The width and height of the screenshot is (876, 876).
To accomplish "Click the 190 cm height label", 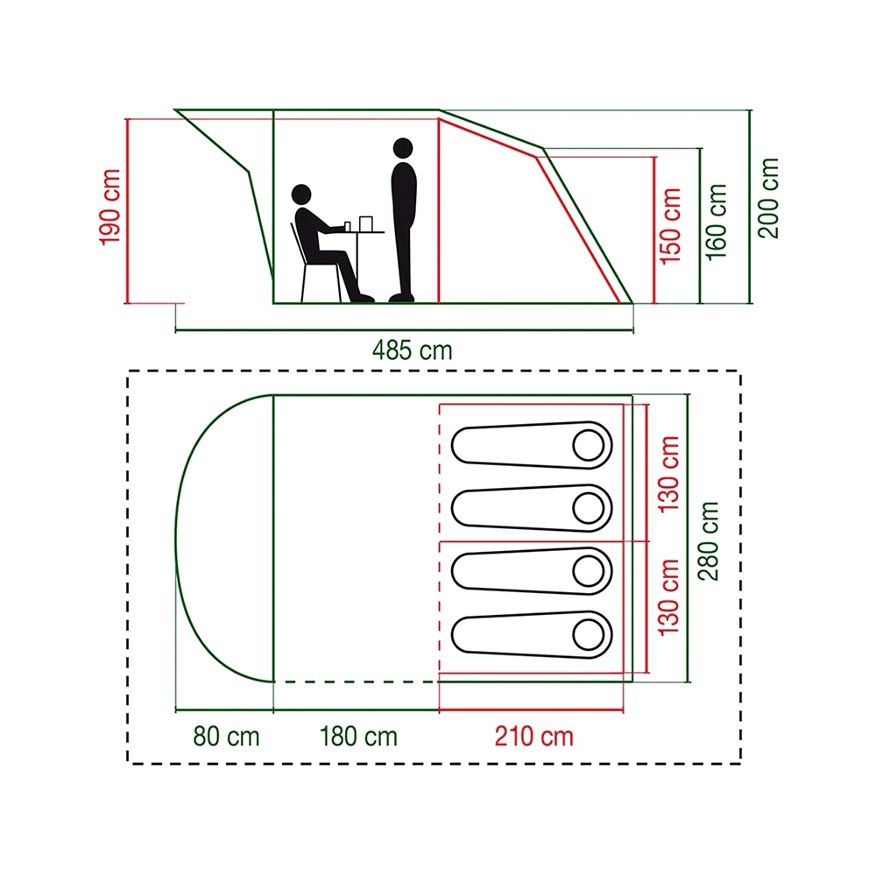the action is pos(110,207).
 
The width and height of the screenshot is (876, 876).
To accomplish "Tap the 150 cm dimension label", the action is pos(670,226).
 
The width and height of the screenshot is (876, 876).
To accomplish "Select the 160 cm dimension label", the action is pos(717,222).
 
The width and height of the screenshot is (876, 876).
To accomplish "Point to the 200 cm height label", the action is pos(768,198).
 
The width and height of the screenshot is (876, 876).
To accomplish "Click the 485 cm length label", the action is pos(413,351).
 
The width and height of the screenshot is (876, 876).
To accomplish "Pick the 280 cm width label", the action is pos(708,540).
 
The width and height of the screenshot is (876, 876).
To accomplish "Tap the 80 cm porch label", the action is pos(226,737).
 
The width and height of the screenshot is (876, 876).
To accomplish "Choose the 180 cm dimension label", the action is pos(358,737).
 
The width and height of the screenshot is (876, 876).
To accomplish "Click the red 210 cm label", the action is pos(534,737).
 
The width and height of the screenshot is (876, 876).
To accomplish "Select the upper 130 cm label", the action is pos(668,474).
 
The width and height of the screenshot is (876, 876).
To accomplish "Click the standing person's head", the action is pos(403,148).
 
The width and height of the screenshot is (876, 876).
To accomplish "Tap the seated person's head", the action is pos(301,194).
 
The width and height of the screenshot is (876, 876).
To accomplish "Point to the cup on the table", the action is pos(348,226).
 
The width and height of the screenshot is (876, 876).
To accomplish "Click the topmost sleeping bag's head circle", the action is pos(589,445).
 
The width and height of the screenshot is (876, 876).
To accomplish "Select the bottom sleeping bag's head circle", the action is pos(589,634).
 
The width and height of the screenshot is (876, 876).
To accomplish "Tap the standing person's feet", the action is pos(402,298).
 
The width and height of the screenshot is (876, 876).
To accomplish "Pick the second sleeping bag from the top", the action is pos(532,508).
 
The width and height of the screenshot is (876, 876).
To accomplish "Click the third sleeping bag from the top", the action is pos(532,571).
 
